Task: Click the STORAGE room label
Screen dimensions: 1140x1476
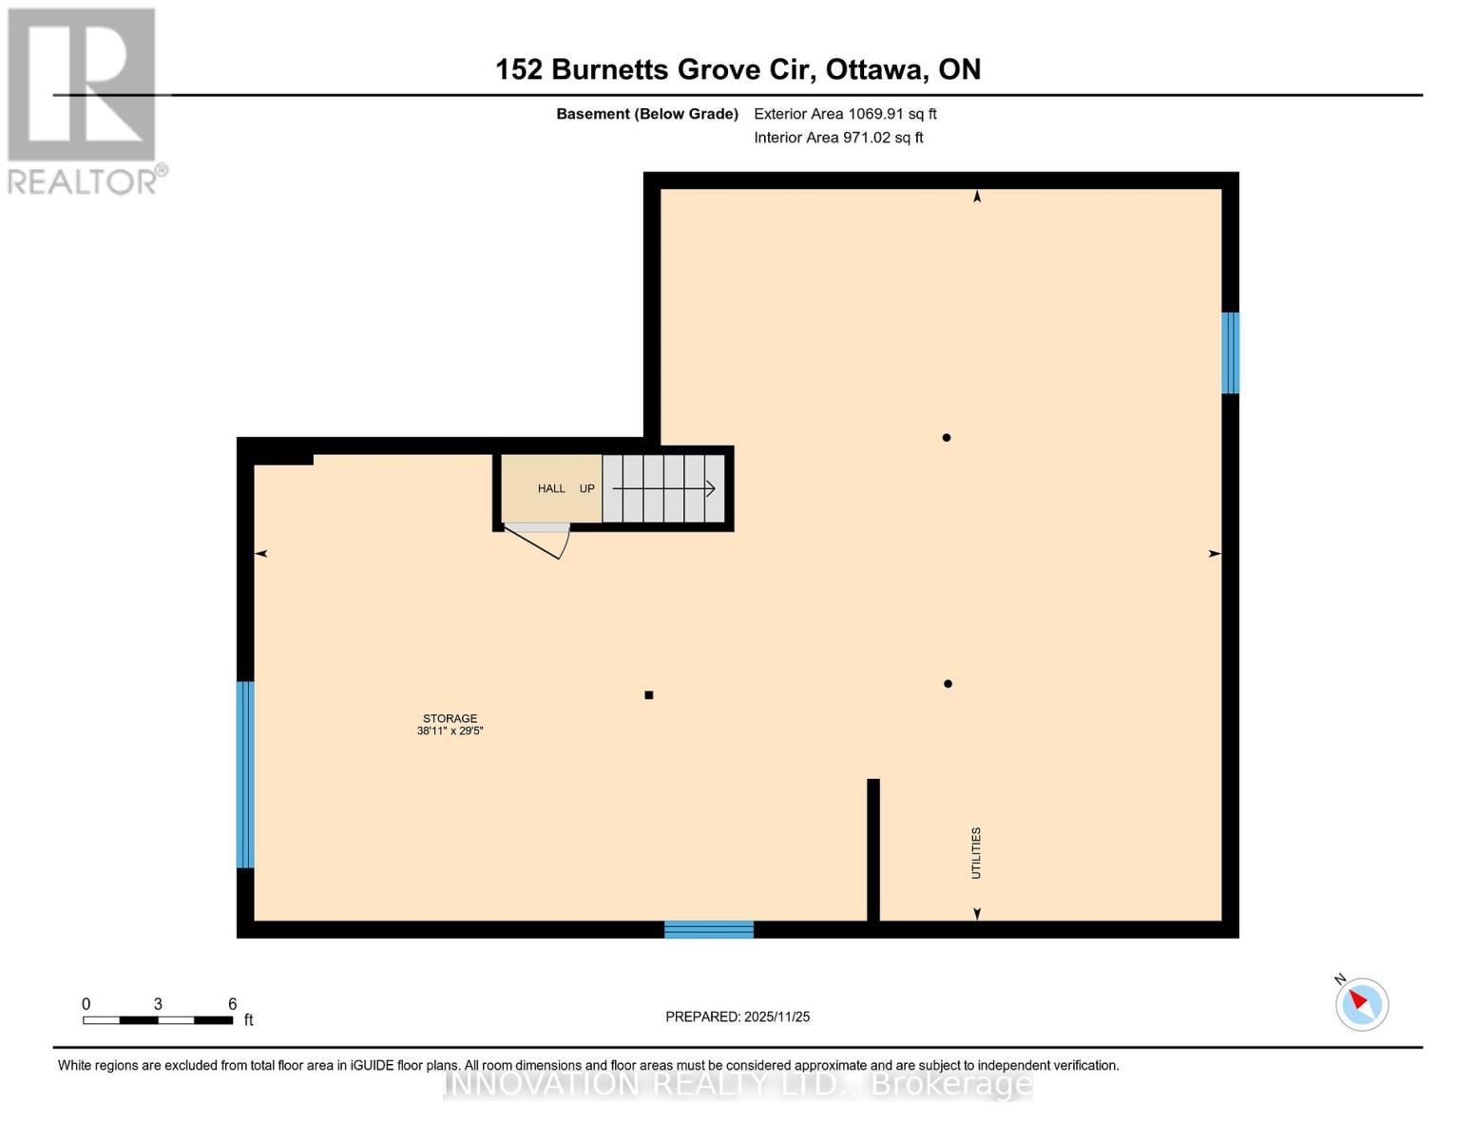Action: pyautogui.click(x=450, y=718)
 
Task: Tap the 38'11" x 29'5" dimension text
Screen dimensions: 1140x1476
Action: pyautogui.click(x=450, y=731)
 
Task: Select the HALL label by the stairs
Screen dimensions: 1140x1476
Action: pyautogui.click(x=551, y=488)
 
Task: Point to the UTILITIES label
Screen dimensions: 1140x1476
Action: pyautogui.click(x=976, y=853)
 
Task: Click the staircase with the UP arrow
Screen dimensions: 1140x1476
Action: pyautogui.click(x=663, y=488)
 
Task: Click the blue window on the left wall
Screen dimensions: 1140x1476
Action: pyautogui.click(x=245, y=774)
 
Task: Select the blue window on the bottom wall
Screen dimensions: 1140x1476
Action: pyautogui.click(x=709, y=929)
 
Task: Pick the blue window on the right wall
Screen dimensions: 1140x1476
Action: pyautogui.click(x=1230, y=352)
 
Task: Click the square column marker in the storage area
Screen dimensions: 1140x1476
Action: pyautogui.click(x=649, y=695)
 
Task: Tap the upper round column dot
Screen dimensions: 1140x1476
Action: pyautogui.click(x=947, y=438)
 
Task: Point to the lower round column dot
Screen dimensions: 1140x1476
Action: pyautogui.click(x=948, y=684)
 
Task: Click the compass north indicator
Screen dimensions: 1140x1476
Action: pyautogui.click(x=1361, y=1003)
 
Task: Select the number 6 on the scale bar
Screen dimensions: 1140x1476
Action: pyautogui.click(x=232, y=1004)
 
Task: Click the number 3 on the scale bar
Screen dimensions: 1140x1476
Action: pyautogui.click(x=158, y=1004)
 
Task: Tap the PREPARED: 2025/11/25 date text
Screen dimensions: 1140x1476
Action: pyautogui.click(x=738, y=1016)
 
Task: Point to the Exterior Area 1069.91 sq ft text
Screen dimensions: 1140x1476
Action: pyautogui.click(x=845, y=114)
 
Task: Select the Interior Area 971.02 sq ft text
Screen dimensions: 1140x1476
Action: pyautogui.click(x=838, y=138)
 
